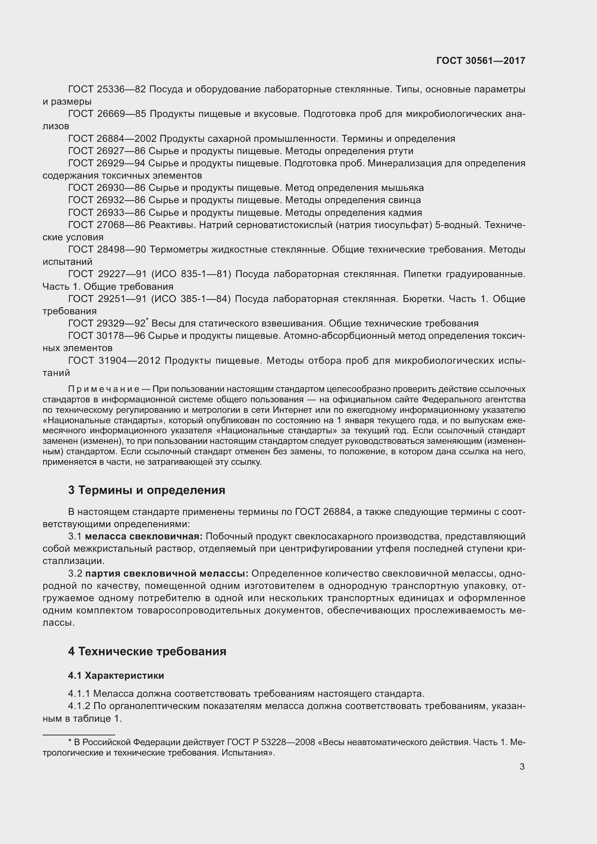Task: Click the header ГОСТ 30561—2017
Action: coord(480,61)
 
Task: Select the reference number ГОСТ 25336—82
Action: coord(107,89)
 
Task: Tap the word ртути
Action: coord(401,151)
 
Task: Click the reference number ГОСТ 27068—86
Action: coord(107,225)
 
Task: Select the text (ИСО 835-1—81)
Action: coord(191,274)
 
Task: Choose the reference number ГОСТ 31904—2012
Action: coord(114,360)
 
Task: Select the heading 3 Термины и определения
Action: coord(146,490)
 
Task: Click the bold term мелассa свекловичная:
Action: coord(144,536)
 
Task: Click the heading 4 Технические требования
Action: coord(147,651)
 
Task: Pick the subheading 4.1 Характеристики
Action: coord(116,675)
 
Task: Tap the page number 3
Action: coord(522,766)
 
